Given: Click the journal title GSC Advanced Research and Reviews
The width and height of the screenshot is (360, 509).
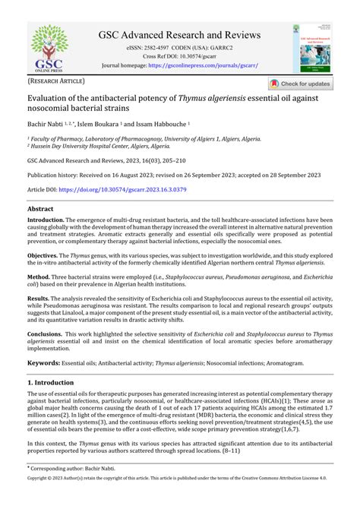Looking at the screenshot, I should pos(179,36).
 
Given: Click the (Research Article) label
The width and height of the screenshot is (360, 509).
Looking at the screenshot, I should pos(57,81).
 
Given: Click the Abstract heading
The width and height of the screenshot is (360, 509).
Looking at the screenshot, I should pos(40,207).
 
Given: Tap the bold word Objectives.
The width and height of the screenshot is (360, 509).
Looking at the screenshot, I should pos(44,256).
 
